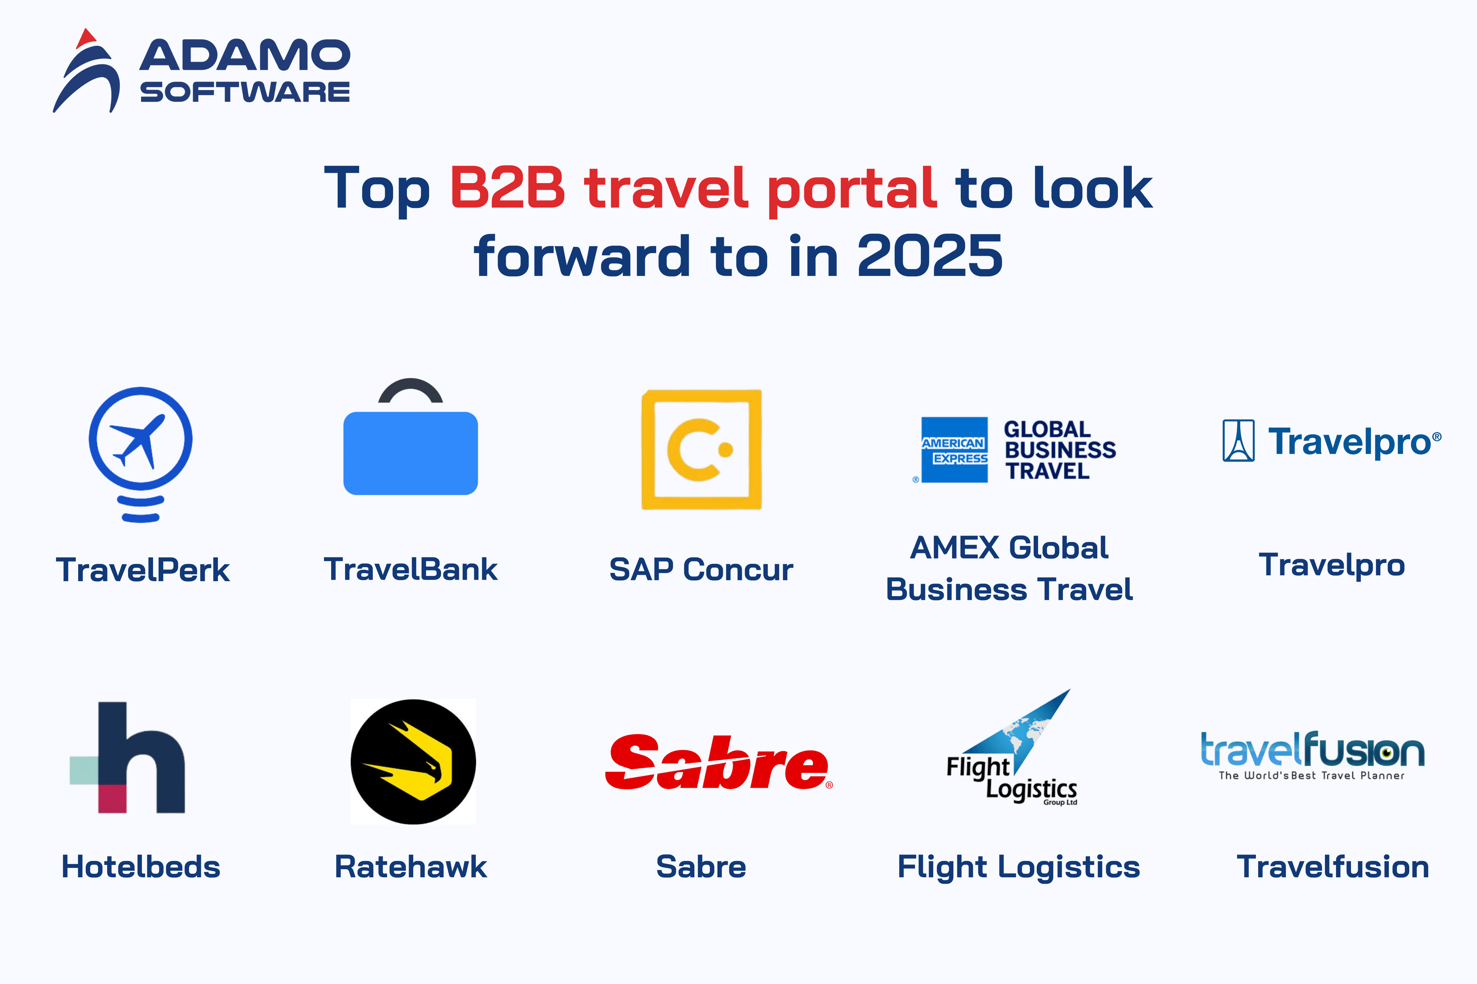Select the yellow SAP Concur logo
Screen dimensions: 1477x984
(x=701, y=449)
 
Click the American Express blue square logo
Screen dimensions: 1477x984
(x=954, y=449)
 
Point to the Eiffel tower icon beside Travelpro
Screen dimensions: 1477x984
(x=1239, y=440)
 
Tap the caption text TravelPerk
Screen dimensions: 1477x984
(x=143, y=570)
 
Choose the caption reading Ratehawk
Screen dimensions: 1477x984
(x=410, y=866)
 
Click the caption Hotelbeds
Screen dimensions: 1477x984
(x=141, y=866)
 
